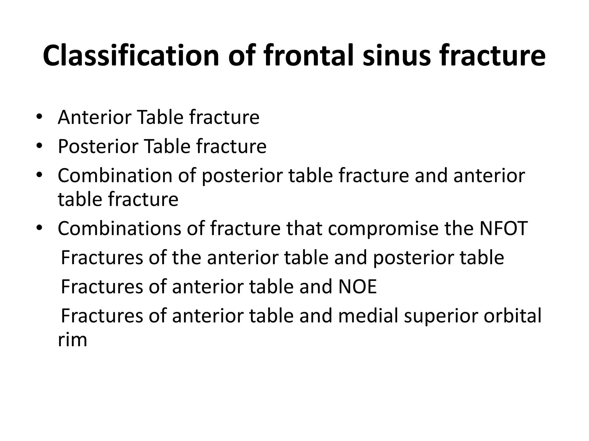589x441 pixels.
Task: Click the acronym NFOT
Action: (504, 228)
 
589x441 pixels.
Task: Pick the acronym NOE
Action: (357, 287)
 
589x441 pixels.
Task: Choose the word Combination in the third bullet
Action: (115, 175)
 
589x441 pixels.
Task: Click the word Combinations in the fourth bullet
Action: (119, 228)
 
